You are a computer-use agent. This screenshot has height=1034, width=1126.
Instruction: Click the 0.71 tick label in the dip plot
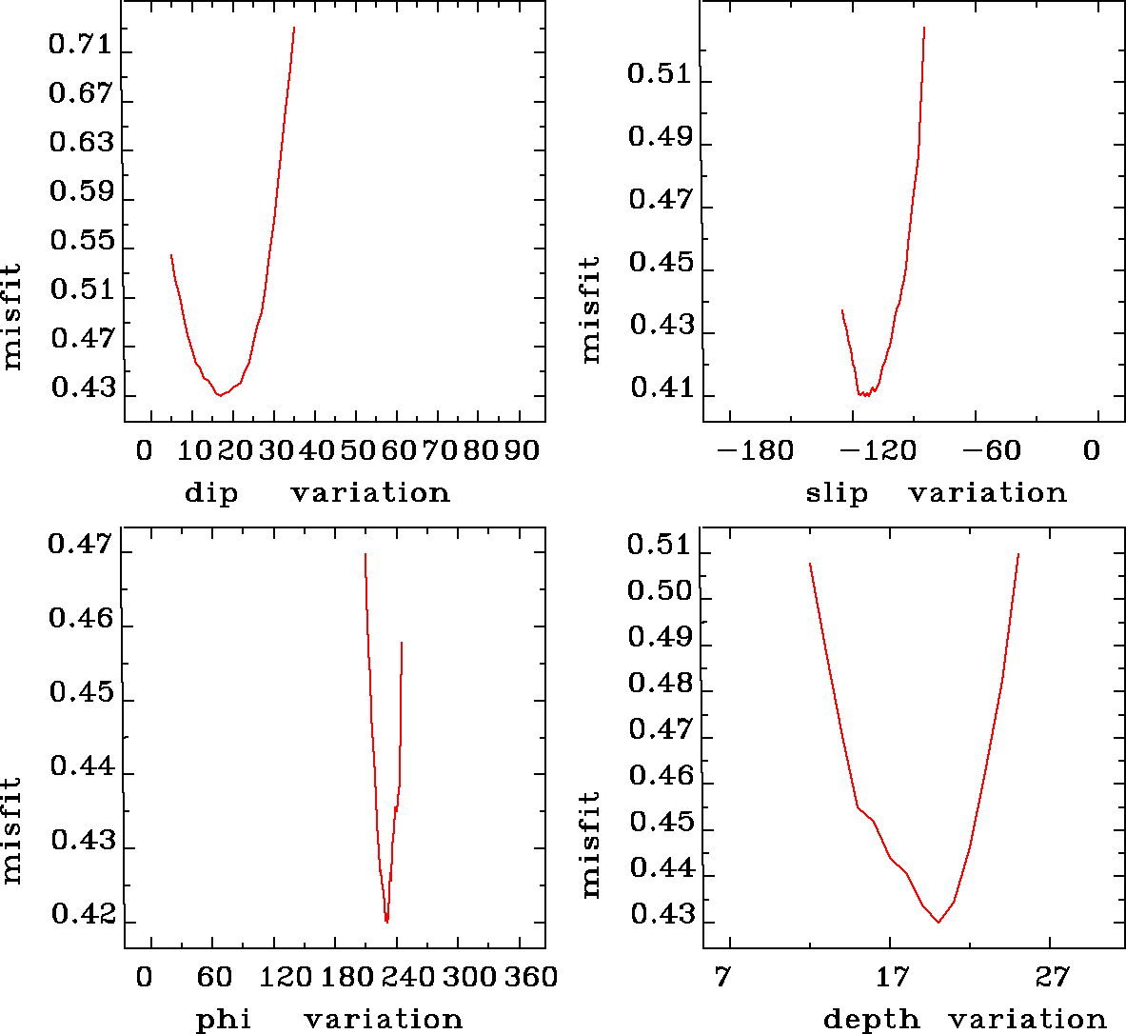[81, 46]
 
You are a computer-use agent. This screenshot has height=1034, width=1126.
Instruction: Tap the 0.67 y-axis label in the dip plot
[81, 94]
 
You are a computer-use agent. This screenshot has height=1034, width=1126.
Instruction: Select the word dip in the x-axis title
[211, 493]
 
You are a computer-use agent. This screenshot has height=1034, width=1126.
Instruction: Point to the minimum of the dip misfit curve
[220, 394]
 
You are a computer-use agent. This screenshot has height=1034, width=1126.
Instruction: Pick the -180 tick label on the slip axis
[754, 450]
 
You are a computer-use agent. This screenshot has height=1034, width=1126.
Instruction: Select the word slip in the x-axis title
[837, 493]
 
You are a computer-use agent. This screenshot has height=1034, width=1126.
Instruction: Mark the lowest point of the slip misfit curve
[864, 395]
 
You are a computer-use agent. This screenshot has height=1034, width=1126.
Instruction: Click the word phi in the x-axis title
[224, 1020]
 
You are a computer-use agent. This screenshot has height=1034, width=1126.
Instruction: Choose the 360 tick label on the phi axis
[530, 977]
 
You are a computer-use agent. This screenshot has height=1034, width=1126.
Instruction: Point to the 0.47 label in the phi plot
[81, 546]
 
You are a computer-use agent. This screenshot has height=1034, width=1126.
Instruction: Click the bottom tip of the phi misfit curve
[386, 922]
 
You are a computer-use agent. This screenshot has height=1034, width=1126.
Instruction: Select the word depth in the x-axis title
[871, 1020]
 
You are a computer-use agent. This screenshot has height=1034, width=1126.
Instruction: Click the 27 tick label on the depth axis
[1052, 977]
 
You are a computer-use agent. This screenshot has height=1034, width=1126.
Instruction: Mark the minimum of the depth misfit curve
[938, 922]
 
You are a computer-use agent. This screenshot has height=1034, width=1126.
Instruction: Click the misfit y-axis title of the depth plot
[591, 844]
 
